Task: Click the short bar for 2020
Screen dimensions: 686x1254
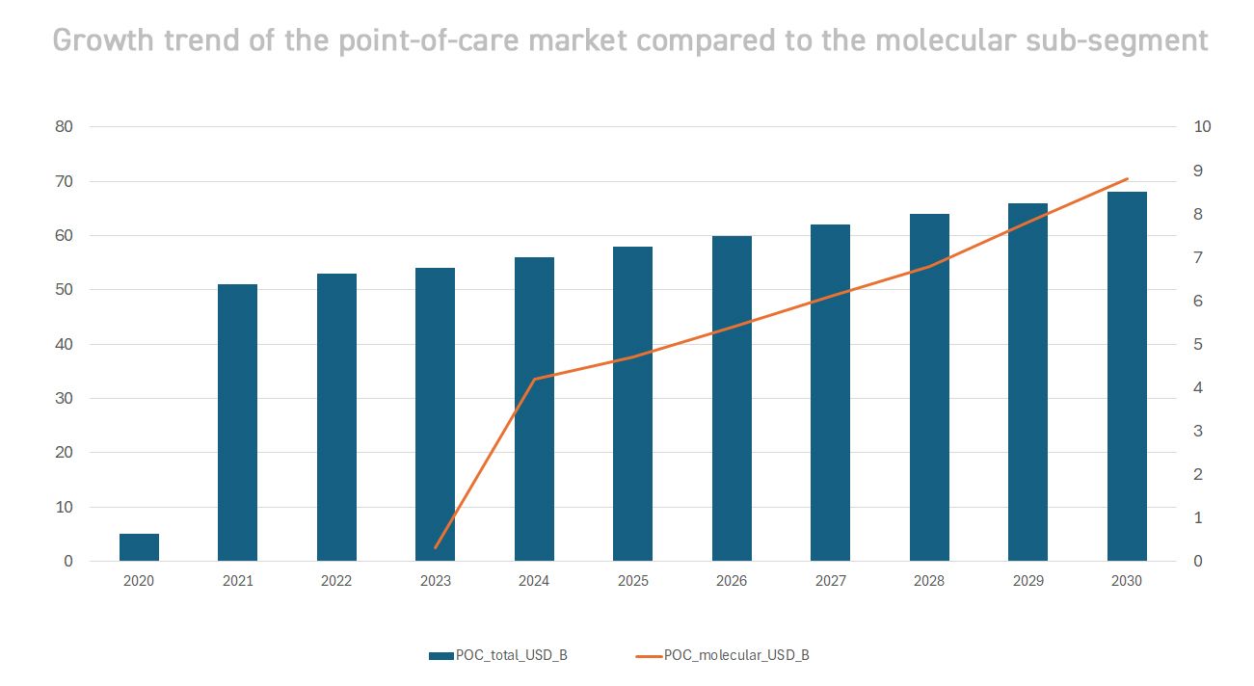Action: point(139,547)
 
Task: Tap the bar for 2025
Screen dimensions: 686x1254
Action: point(632,404)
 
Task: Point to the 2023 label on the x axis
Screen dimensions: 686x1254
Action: point(435,581)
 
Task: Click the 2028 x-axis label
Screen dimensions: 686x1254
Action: point(929,581)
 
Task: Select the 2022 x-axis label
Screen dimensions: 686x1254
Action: point(336,581)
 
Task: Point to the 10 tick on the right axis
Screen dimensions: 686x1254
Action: point(1202,127)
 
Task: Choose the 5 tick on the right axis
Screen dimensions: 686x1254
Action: point(1198,344)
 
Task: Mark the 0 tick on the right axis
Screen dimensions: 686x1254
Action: point(1198,562)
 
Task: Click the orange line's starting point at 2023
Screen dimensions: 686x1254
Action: point(436,548)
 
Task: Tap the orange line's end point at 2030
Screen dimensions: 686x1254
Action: point(1127,179)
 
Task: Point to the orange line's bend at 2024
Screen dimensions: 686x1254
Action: point(534,379)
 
